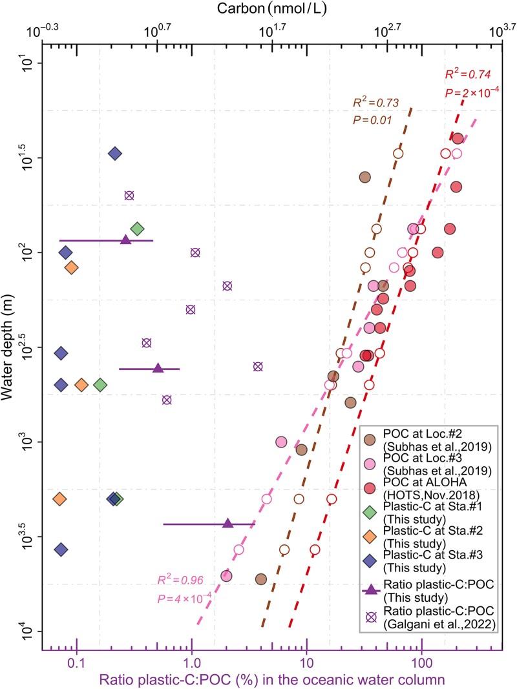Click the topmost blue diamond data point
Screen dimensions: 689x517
click(x=115, y=154)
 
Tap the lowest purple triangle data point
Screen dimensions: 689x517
click(x=227, y=523)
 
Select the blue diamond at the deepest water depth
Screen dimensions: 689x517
click(x=61, y=550)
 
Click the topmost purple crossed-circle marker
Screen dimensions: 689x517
click(x=129, y=195)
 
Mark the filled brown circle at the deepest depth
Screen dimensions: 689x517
click(x=261, y=579)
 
